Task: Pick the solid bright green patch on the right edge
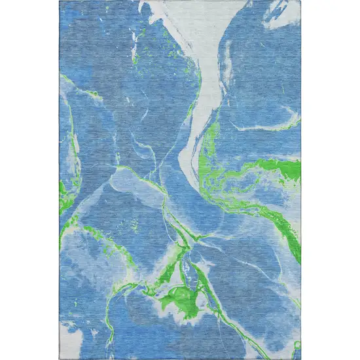[288, 170]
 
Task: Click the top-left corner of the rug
[60, 1]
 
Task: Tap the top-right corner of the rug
[300, 1]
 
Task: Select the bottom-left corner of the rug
[60, 359]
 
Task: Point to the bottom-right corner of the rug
[300, 359]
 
